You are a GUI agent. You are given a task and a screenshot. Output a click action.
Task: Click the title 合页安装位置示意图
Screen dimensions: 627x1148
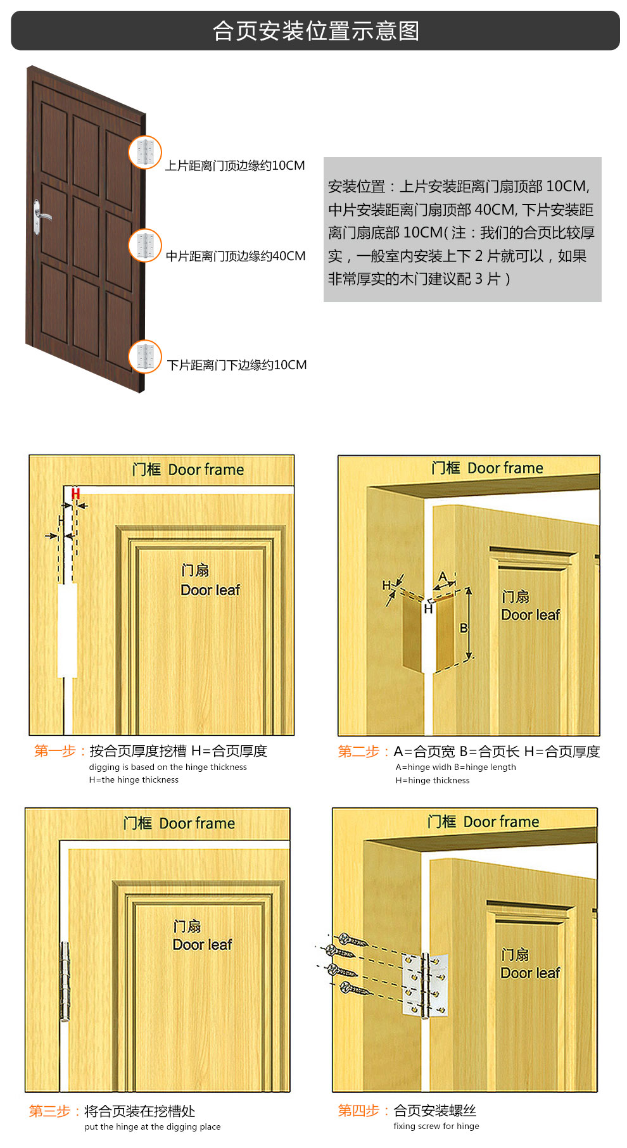316,30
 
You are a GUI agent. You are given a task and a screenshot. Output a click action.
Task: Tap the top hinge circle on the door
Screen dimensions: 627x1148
145,153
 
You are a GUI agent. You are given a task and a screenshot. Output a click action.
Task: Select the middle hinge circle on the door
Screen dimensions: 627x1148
145,245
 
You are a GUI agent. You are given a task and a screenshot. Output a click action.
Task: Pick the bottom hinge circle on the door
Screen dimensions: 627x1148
145,356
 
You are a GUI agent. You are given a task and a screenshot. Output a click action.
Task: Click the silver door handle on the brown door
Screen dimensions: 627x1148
40,217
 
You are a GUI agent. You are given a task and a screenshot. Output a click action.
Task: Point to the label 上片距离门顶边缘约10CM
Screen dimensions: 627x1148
235,165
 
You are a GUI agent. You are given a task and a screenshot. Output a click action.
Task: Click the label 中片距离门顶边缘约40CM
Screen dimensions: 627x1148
236,256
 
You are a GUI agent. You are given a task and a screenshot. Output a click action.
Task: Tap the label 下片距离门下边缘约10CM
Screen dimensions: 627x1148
237,365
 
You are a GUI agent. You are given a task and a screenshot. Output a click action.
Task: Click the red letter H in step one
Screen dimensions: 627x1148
75,493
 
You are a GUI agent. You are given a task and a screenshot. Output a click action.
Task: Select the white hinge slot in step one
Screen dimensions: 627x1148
67,630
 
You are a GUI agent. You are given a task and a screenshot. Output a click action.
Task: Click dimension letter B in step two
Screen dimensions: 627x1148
464,628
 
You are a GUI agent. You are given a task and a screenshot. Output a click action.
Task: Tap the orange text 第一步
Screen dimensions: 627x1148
54,751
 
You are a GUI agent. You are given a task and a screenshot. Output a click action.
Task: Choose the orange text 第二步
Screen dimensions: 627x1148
358,752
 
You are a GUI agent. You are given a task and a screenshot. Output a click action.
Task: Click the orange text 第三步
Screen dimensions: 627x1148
49,1111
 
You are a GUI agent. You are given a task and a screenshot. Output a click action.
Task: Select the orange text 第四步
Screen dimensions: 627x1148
358,1110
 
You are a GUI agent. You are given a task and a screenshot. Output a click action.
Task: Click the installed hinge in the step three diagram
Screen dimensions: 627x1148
65,981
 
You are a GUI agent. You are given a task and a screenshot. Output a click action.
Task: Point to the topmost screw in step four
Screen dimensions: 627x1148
353,940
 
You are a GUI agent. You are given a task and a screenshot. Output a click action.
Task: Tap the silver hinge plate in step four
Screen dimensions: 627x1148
426,985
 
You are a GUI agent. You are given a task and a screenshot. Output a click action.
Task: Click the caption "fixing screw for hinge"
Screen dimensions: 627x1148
436,1126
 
